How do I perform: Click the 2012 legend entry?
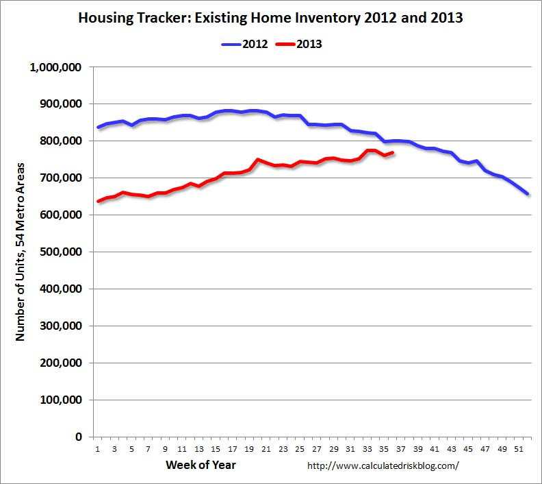245,44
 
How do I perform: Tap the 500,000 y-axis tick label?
62,252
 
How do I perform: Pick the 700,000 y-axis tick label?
62,178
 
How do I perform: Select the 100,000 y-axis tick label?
62,400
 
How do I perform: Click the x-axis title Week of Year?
201,465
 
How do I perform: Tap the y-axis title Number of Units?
21,252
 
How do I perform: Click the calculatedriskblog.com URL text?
383,466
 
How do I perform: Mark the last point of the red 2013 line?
392,152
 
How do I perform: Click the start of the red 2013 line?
98,202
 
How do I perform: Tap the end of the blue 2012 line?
527,194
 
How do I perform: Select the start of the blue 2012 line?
98,128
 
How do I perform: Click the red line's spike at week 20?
257,160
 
